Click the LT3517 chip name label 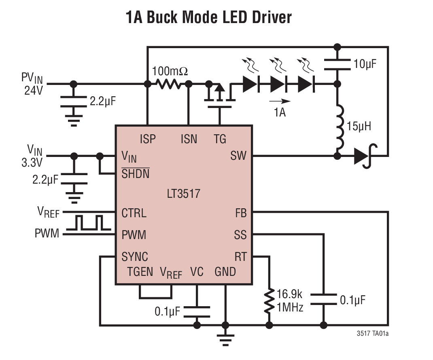pos(183,193)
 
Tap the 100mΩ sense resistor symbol pos(168,84)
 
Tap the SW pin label pos(238,156)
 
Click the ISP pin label pos(147,139)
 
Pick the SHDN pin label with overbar pos(135,174)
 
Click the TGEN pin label pos(140,272)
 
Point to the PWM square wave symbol pos(89,223)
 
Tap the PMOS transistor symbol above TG pos(219,95)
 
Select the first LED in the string pos(250,84)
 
